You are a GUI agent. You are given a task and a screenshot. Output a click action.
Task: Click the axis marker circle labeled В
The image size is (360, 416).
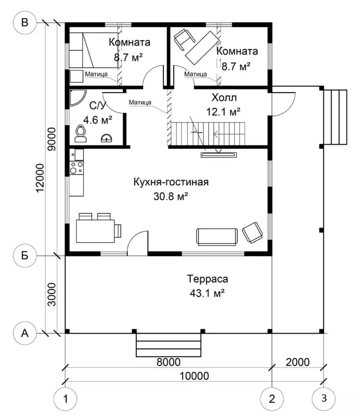tap(25, 23)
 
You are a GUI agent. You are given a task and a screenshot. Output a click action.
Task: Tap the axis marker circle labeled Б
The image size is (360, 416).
tap(25, 256)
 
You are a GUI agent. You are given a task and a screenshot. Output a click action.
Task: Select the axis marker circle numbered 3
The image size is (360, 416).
tap(323, 398)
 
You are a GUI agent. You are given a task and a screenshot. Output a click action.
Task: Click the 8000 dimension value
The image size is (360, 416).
tap(168, 362)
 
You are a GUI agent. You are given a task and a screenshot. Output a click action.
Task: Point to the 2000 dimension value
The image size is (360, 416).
tap(297, 362)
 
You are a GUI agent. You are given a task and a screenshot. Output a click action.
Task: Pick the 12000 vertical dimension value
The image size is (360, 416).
tap(40, 178)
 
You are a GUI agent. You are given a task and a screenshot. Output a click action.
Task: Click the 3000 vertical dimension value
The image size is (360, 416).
tap(51, 294)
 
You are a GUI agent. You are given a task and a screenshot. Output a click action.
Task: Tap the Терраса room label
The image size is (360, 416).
tap(207, 279)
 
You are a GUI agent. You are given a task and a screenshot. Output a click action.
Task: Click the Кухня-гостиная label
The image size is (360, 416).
tap(171, 182)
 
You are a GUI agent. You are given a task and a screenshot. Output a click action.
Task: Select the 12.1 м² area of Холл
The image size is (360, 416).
tap(223, 112)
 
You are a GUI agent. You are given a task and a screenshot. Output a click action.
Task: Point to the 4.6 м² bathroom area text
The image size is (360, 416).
tap(98, 120)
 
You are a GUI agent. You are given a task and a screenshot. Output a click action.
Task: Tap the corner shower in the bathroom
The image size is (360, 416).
tap(77, 98)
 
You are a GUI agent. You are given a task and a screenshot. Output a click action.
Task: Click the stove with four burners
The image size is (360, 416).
tap(77, 168)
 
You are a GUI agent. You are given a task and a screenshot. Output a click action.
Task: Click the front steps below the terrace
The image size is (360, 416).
tap(168, 345)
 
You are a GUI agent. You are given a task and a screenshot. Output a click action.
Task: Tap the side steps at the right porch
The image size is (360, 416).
tap(335, 117)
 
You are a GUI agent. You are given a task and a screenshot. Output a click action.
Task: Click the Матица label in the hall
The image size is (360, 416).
tap(140, 102)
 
